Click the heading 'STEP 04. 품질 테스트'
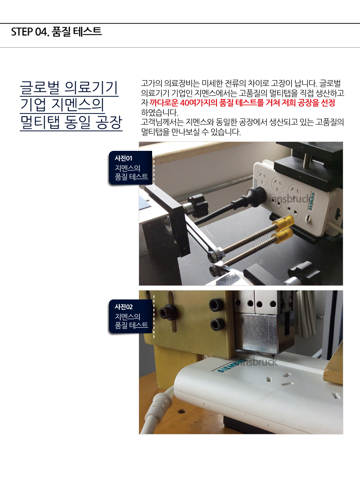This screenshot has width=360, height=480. pos(56,32)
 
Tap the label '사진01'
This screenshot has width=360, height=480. pos(123,158)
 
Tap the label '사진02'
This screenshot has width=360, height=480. pos(124,307)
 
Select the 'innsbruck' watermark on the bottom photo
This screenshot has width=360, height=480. pos(258,362)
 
